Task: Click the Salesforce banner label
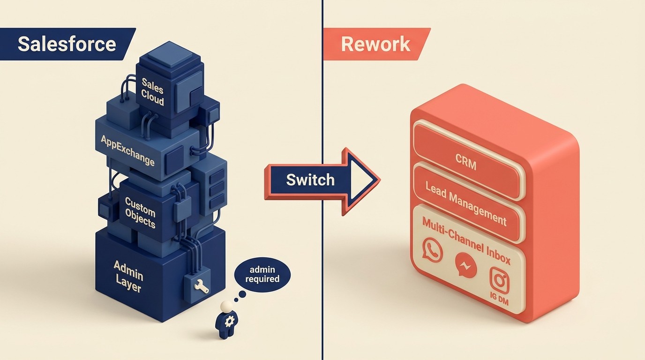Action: tap(67, 44)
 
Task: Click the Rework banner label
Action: tap(375, 44)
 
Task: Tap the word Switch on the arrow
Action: tap(310, 180)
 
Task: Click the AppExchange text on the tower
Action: tap(127, 150)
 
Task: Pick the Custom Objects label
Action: tap(140, 212)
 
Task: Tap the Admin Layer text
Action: tap(128, 276)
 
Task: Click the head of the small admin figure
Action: tap(227, 306)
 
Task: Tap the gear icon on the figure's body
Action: tap(230, 322)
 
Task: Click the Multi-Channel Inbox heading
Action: tap(466, 240)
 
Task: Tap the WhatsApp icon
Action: tap(432, 249)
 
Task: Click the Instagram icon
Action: tap(499, 280)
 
